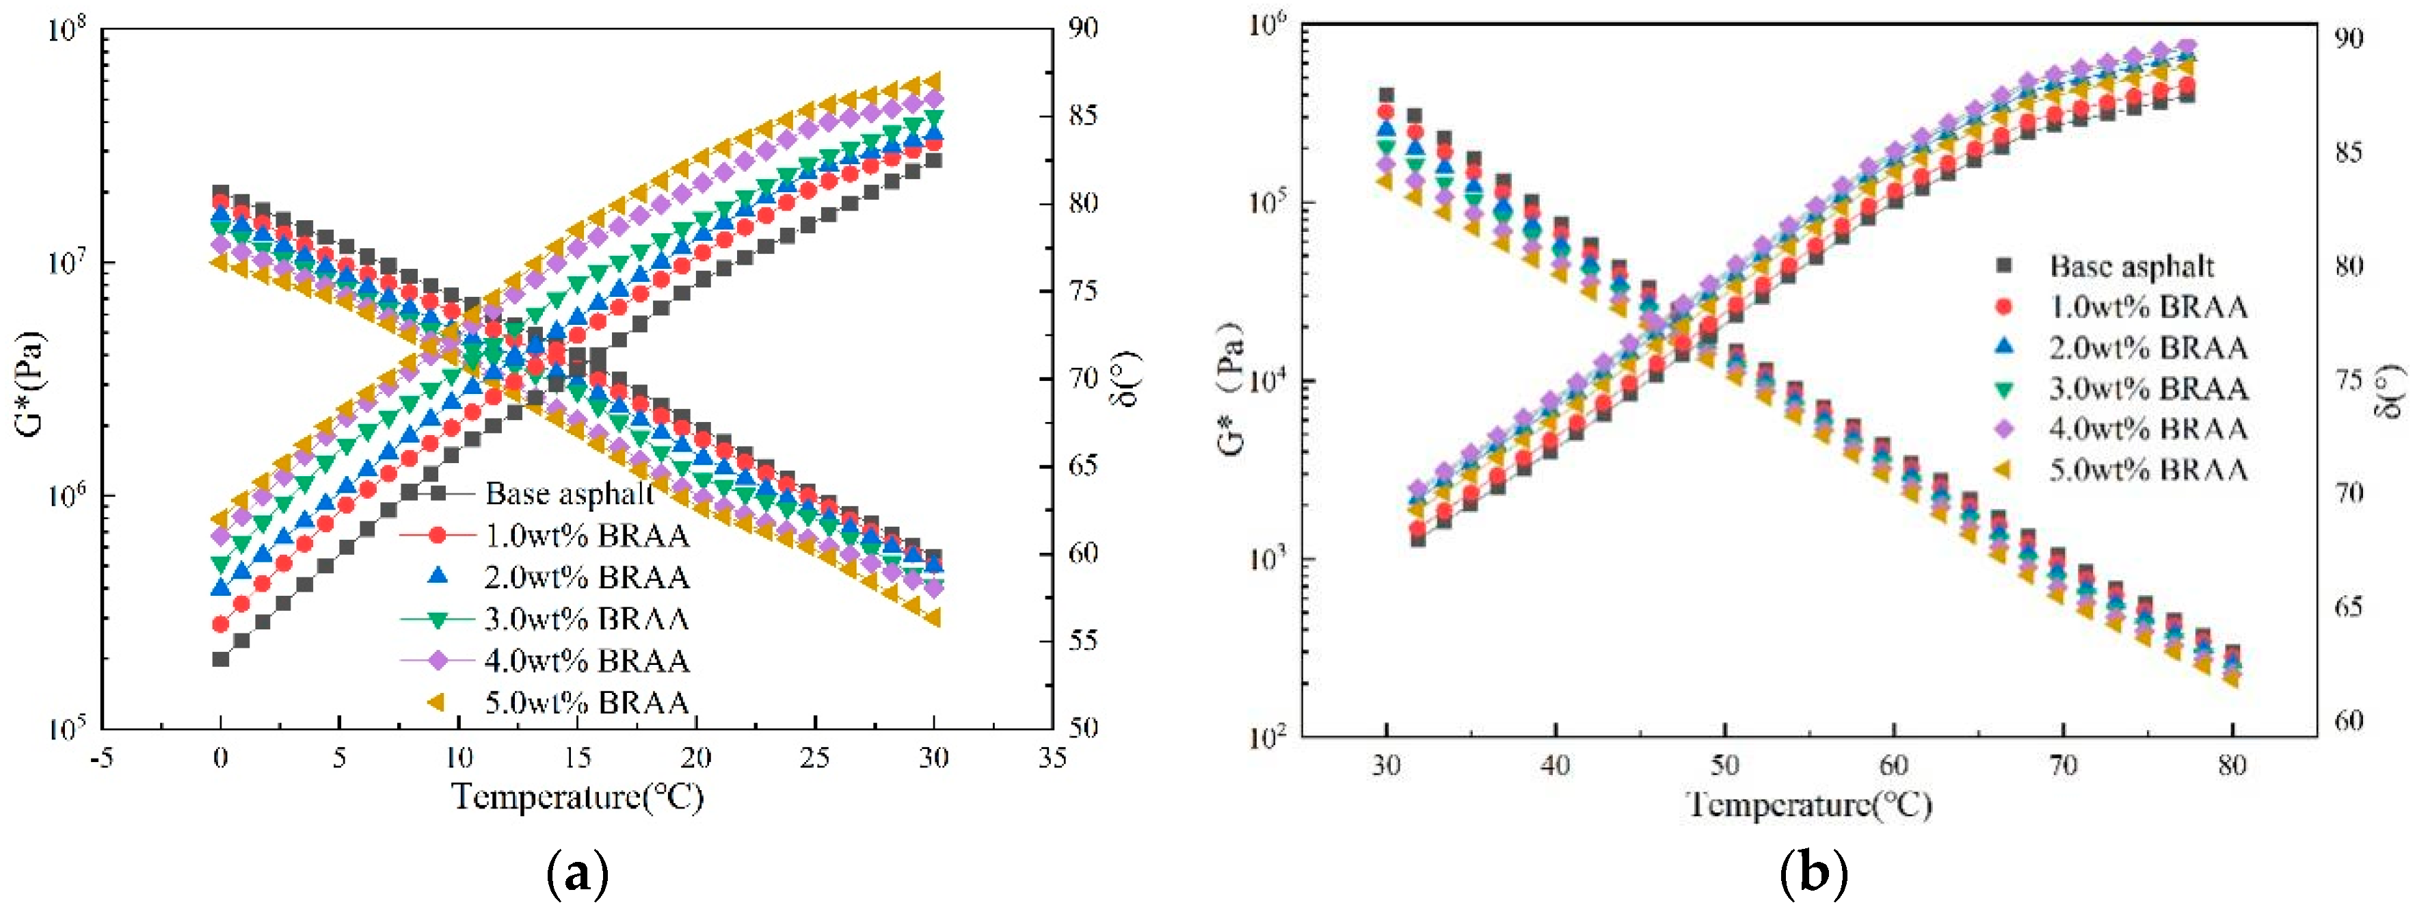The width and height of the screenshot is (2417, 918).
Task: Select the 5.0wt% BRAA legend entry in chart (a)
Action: (x=587, y=702)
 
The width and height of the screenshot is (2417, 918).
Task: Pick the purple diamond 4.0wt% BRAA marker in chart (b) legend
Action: (x=2003, y=428)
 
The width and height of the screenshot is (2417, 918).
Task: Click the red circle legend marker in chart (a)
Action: (x=437, y=535)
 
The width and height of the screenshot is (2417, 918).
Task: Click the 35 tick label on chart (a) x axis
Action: (x=1052, y=757)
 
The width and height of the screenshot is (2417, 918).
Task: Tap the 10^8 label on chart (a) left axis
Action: (x=64, y=30)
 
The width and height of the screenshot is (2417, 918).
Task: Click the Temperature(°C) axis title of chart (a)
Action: (x=577, y=797)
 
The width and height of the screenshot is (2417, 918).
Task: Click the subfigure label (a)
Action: (x=577, y=874)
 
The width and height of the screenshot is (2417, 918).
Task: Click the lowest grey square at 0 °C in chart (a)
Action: (x=220, y=659)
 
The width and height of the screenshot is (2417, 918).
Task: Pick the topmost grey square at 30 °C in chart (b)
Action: (x=1386, y=95)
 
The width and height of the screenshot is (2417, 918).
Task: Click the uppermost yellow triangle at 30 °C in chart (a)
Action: (x=933, y=81)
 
